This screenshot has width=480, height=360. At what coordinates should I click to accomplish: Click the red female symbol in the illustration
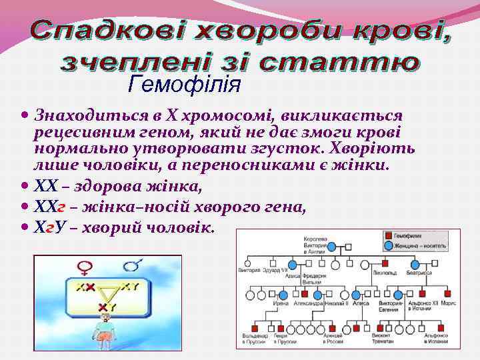tap(85, 268)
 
